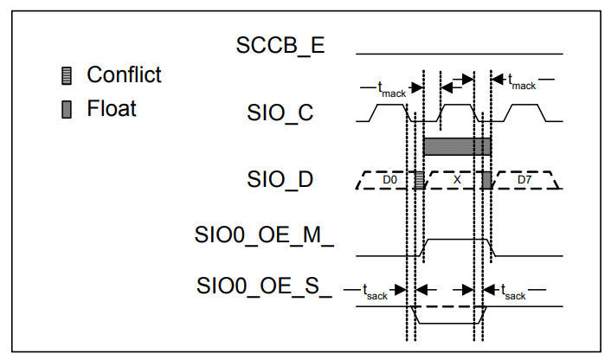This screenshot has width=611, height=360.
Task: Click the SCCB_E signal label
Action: click(280, 45)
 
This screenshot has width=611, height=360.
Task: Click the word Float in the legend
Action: click(112, 109)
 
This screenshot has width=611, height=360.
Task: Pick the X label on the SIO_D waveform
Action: click(457, 180)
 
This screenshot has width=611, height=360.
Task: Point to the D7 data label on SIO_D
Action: click(524, 180)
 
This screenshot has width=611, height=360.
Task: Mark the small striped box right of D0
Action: click(419, 180)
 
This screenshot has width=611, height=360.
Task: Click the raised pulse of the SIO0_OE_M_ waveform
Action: click(457, 239)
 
